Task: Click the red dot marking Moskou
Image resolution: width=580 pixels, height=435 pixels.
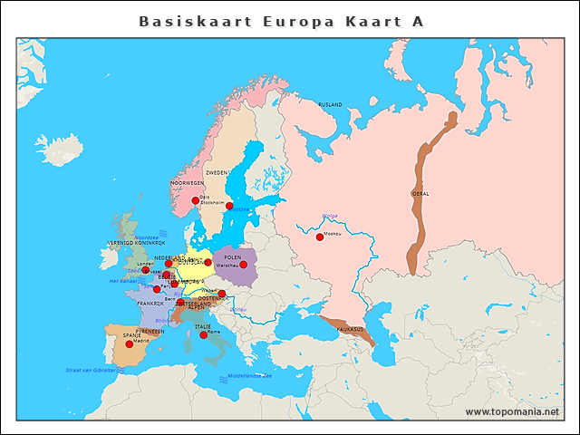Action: coord(319,237)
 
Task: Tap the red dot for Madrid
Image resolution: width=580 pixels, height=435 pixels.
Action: coord(129,344)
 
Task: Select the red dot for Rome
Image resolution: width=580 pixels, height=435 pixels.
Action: coord(203,334)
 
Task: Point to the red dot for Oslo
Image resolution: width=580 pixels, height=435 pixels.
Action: coord(195,200)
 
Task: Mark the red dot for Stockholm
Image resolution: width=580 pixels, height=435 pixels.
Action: coord(229,207)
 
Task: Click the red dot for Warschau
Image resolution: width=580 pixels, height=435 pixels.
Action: coord(243,265)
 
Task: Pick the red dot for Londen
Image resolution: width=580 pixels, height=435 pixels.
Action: coord(145,270)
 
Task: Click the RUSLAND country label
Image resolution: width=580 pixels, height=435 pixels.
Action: coord(330,105)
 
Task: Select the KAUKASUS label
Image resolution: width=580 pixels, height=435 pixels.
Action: coord(350,329)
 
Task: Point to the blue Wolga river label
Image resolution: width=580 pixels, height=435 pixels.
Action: coord(329,216)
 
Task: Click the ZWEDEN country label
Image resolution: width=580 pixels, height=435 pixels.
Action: coord(217,171)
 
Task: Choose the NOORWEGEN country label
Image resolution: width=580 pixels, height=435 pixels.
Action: coord(187,182)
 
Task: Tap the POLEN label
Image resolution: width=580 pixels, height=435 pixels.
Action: coord(233,257)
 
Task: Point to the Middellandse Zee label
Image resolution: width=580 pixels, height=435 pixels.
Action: coord(249,375)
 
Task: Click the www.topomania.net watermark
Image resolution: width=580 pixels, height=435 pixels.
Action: coord(511,411)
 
